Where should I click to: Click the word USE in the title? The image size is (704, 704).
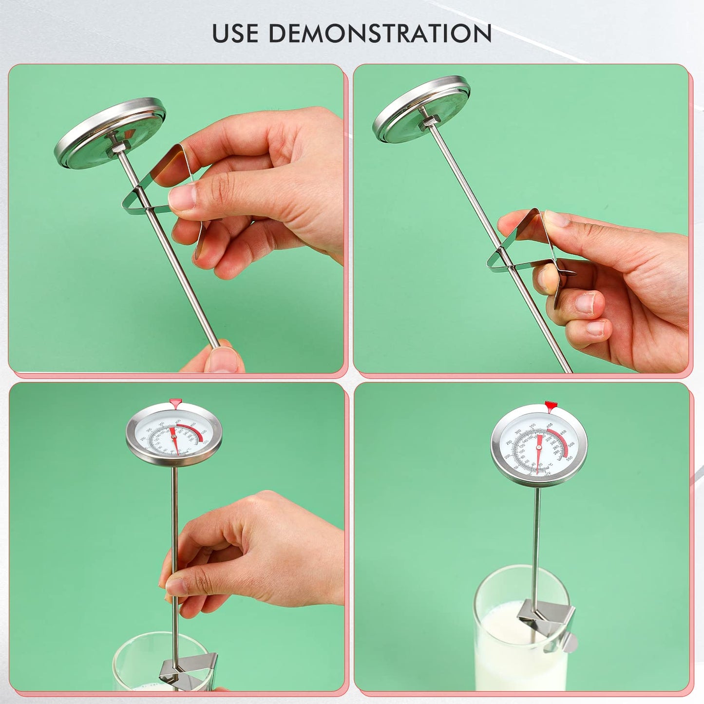click(x=236, y=33)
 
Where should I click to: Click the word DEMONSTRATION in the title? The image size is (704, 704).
click(x=380, y=33)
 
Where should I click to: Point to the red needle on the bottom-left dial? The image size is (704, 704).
click(x=175, y=438)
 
